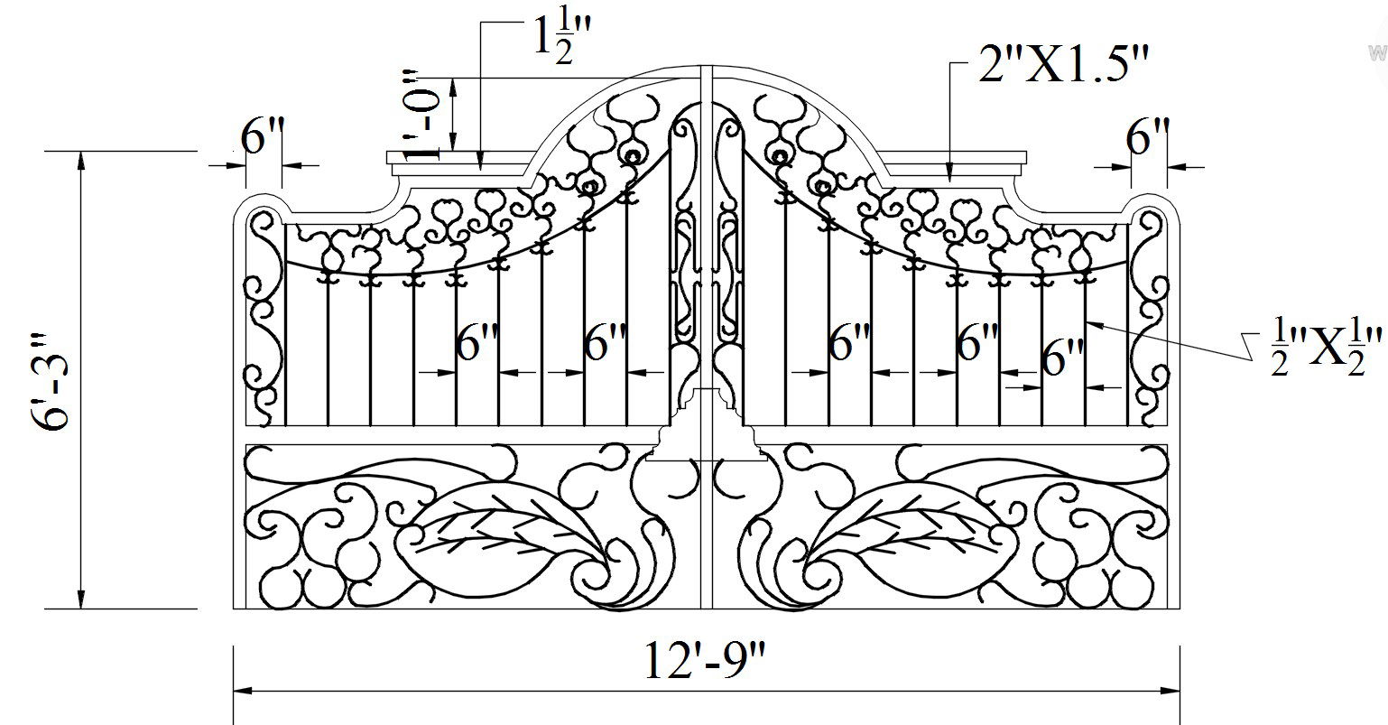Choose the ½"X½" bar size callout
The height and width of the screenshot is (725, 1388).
click(1324, 346)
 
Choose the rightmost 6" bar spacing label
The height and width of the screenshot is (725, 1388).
click(1062, 360)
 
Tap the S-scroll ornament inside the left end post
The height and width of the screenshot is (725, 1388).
click(263, 316)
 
